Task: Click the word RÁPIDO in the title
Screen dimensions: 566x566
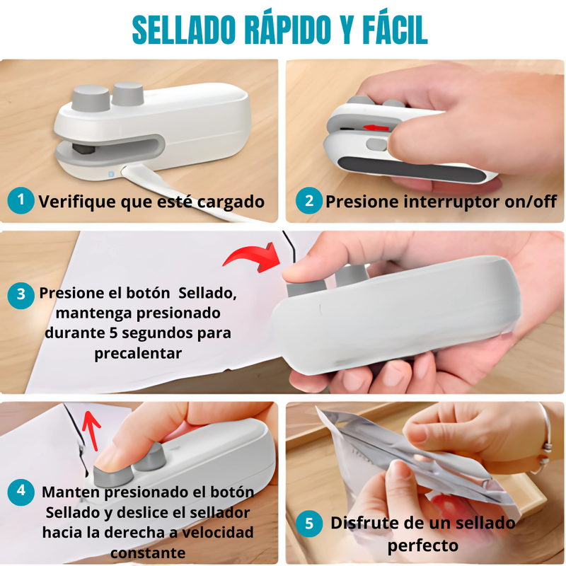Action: [x=288, y=29]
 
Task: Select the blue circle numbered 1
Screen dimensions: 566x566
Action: [x=21, y=201]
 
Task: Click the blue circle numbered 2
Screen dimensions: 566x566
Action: [x=309, y=201]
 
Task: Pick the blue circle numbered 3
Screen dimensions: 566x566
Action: [x=21, y=295]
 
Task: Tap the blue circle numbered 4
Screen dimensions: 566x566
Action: [x=21, y=492]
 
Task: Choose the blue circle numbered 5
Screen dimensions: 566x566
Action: [x=309, y=524]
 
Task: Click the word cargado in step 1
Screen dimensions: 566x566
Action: [x=231, y=202]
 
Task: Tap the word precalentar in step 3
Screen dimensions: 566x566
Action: [x=138, y=353]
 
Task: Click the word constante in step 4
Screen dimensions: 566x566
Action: [x=148, y=553]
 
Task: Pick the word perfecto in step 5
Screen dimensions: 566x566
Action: [x=422, y=545]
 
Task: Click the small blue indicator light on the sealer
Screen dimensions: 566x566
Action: [x=111, y=174]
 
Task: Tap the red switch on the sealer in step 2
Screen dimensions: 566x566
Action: [x=376, y=128]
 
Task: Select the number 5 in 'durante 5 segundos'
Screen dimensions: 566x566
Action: [x=113, y=333]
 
